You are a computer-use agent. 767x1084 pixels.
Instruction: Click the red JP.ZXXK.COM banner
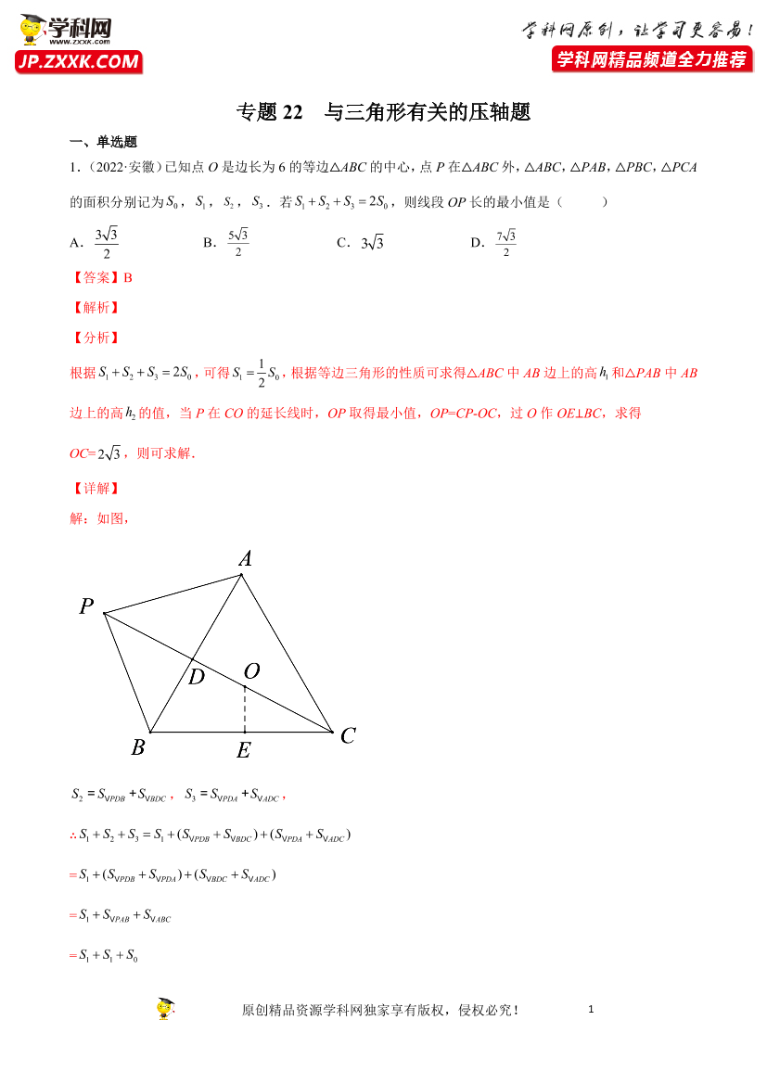[78, 62]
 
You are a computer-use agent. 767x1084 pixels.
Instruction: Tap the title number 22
[290, 112]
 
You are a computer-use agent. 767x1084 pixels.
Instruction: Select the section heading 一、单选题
[103, 142]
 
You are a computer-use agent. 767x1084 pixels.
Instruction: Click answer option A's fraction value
[107, 243]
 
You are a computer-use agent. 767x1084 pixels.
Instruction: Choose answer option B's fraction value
[238, 243]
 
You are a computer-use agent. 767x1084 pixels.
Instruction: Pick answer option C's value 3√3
[372, 243]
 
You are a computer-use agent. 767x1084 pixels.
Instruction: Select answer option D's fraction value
[505, 243]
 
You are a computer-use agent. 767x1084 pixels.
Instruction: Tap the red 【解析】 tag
[95, 308]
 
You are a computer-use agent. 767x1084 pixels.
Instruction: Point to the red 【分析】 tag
[95, 338]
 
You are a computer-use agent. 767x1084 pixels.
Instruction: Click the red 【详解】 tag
[95, 489]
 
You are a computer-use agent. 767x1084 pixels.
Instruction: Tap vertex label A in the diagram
[246, 558]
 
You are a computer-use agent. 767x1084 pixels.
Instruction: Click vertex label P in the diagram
[86, 607]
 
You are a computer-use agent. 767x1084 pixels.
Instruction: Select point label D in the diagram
[196, 678]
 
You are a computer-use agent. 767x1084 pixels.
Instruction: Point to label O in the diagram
[250, 670]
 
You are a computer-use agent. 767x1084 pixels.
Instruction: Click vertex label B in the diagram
[137, 747]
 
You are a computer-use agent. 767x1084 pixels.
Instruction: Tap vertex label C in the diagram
[348, 736]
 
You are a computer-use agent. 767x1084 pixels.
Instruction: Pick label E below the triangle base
[243, 751]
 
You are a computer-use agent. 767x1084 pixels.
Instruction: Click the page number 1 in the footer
[590, 1009]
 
